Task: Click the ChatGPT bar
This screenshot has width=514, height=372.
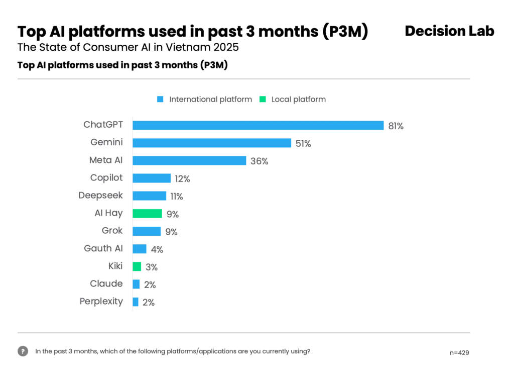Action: click(258, 125)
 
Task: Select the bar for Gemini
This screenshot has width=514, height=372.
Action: click(212, 143)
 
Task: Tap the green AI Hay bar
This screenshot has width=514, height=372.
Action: click(147, 214)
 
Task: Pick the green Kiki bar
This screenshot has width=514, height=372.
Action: click(137, 266)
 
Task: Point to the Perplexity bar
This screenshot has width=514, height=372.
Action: click(136, 302)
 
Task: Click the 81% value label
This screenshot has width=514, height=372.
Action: click(396, 126)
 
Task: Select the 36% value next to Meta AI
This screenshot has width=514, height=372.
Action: click(260, 161)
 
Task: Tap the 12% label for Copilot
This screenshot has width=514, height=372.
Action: click(183, 179)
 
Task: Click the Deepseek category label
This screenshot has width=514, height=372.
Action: click(100, 195)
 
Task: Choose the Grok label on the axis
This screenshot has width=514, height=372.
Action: click(112, 231)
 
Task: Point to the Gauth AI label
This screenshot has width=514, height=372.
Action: click(103, 248)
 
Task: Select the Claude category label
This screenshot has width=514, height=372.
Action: click(106, 284)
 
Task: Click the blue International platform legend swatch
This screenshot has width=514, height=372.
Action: click(160, 100)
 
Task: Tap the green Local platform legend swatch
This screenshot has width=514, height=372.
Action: click(263, 100)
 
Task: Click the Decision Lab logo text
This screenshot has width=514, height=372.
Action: click(449, 31)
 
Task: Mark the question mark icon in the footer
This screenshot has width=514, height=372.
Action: click(23, 351)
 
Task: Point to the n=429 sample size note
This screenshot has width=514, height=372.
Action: click(459, 353)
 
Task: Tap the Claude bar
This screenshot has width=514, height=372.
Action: click(136, 284)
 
